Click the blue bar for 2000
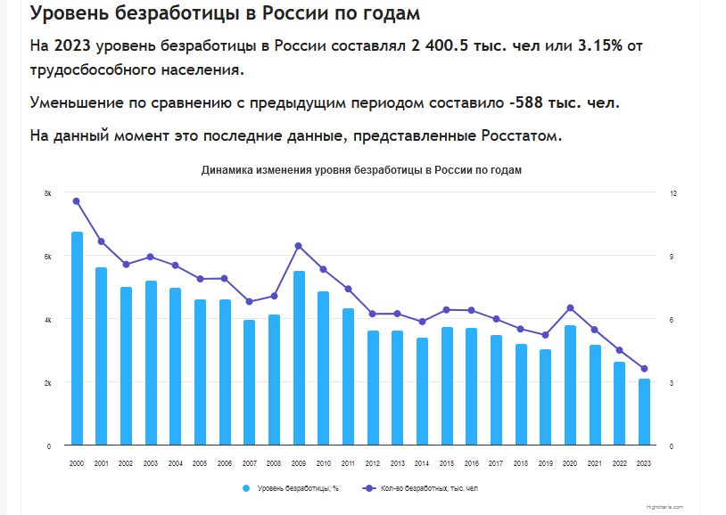pyautogui.click(x=77, y=339)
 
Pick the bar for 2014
pyautogui.click(x=422, y=391)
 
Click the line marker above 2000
pyautogui.click(x=77, y=201)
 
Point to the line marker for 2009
pyautogui.click(x=299, y=246)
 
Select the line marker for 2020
pyautogui.click(x=570, y=308)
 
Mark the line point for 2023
pyautogui.click(x=644, y=369)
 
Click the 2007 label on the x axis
pyautogui.click(x=250, y=463)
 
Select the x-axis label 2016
pyautogui.click(x=471, y=463)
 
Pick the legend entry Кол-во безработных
pyautogui.click(x=428, y=488)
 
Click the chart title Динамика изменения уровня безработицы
pyautogui.click(x=361, y=170)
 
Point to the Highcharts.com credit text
pyautogui.click(x=665, y=506)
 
